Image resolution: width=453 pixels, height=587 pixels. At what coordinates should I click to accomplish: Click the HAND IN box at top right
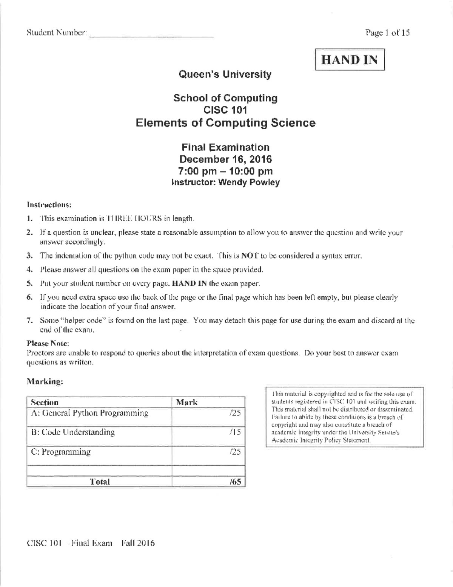pyautogui.click(x=350, y=60)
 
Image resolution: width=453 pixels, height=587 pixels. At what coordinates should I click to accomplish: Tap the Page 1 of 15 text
pyautogui.click(x=387, y=33)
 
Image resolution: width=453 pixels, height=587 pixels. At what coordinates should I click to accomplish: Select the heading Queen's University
pyautogui.click(x=225, y=74)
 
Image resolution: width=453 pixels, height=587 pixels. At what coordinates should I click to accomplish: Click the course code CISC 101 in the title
pyautogui.click(x=225, y=110)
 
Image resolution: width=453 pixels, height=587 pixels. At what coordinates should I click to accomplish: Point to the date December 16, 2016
pyautogui.click(x=225, y=159)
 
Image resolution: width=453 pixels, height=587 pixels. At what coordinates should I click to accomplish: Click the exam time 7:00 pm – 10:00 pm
pyautogui.click(x=225, y=171)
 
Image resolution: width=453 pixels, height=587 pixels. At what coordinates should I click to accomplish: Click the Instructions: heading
pyautogui.click(x=49, y=204)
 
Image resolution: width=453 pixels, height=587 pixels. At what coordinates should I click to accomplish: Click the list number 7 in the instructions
pyautogui.click(x=29, y=321)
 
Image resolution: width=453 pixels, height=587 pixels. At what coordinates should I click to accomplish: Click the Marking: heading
pyautogui.click(x=45, y=381)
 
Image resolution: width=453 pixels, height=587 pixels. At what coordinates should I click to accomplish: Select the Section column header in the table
pyautogui.click(x=45, y=402)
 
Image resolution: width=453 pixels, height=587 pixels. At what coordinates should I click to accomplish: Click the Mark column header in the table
pyautogui.click(x=187, y=402)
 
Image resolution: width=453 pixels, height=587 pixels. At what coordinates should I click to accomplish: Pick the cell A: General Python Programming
pyautogui.click(x=89, y=413)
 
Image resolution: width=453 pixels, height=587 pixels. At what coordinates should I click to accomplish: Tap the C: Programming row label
pyautogui.click(x=61, y=452)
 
